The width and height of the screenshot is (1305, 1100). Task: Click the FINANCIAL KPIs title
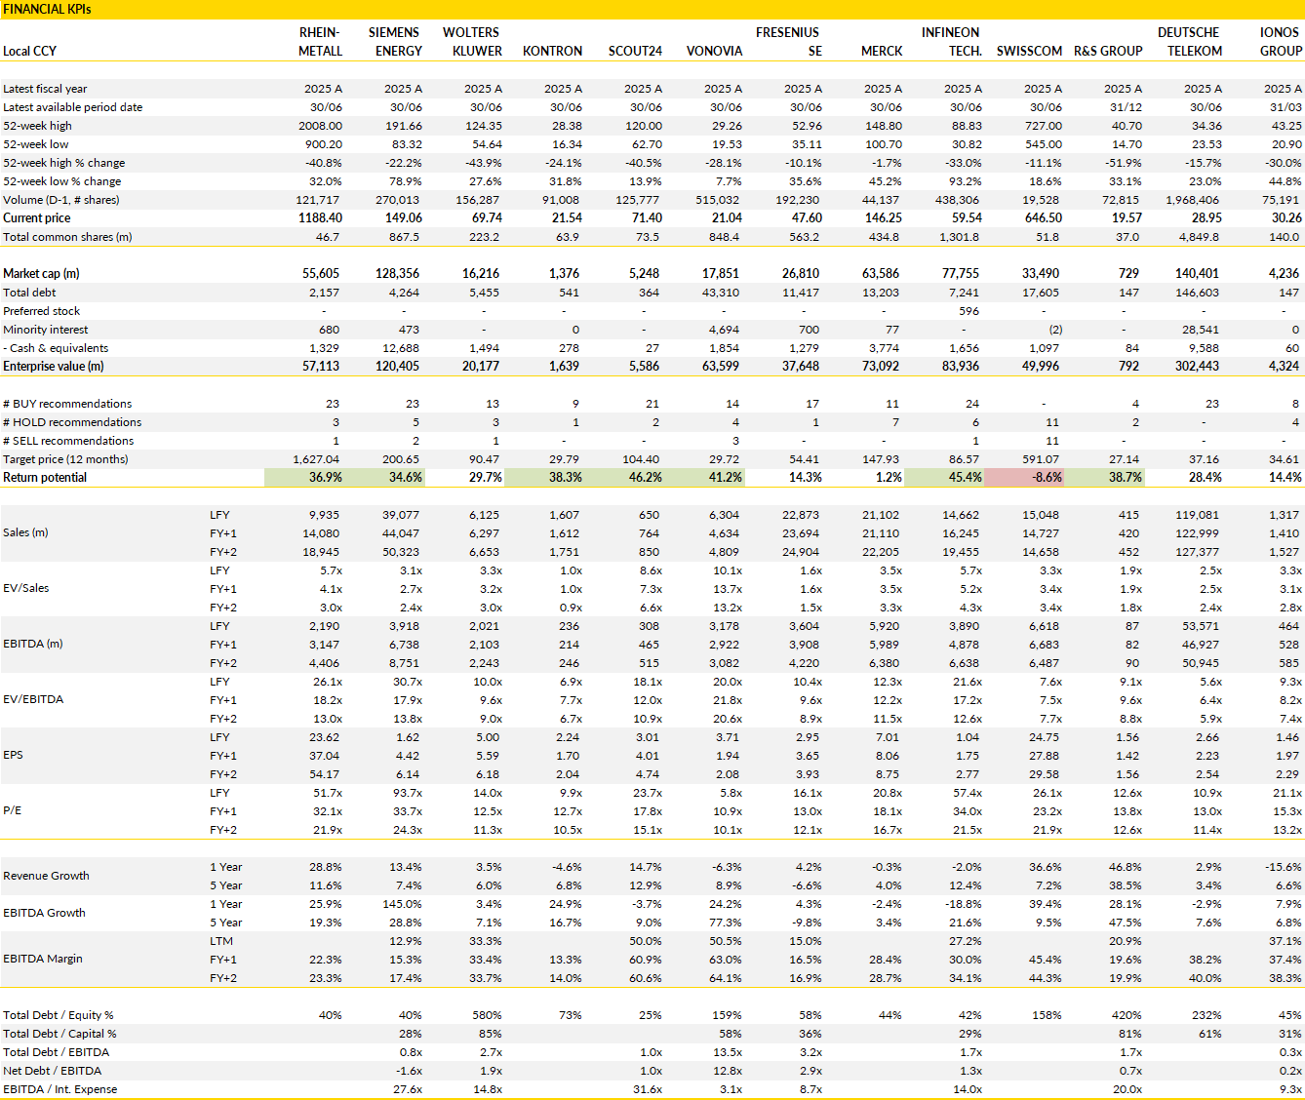point(47,10)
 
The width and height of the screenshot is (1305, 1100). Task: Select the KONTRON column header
point(552,52)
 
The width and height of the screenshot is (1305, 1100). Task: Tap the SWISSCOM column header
point(1029,52)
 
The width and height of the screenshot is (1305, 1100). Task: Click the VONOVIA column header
point(714,52)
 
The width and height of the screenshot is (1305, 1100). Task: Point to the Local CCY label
point(29,52)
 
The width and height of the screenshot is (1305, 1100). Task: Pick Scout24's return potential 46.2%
point(644,478)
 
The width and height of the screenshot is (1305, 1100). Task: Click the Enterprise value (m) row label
point(53,367)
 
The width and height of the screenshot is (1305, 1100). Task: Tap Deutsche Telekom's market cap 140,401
point(1196,274)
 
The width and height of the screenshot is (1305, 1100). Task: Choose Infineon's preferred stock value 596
point(969,311)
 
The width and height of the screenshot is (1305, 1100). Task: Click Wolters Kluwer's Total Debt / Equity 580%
point(487,1015)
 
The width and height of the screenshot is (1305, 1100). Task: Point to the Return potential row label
point(44,478)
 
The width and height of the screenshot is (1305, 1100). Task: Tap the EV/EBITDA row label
point(33,699)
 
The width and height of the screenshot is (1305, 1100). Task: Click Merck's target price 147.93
point(881,459)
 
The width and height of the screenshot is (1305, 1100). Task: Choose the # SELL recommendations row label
point(68,441)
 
